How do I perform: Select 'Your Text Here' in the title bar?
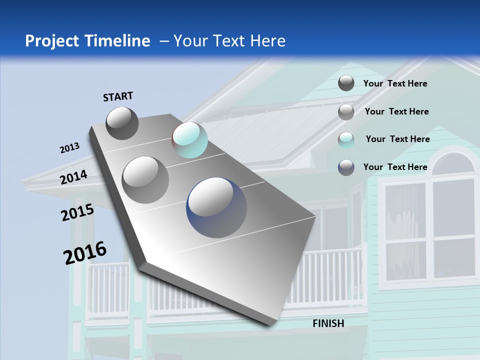pyautogui.click(x=229, y=41)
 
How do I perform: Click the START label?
pyautogui.click(x=118, y=96)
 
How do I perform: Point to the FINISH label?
pyautogui.click(x=328, y=323)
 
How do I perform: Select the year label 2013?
pyautogui.click(x=69, y=148)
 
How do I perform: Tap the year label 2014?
pyautogui.click(x=74, y=177)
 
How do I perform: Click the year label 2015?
pyautogui.click(x=77, y=212)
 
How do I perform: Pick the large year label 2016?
pyautogui.click(x=85, y=252)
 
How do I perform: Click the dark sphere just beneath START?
pyautogui.click(x=122, y=123)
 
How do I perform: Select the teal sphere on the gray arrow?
pyautogui.click(x=189, y=140)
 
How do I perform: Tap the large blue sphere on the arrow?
pyautogui.click(x=216, y=207)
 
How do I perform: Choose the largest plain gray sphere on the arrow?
pyautogui.click(x=145, y=179)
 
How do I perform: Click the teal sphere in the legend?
pyautogui.click(x=346, y=140)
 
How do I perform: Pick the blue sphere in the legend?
pyautogui.click(x=346, y=167)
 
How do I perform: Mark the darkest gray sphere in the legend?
pyautogui.click(x=346, y=83)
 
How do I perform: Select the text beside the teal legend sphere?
pyautogui.click(x=397, y=139)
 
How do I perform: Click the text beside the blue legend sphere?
pyautogui.click(x=395, y=167)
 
